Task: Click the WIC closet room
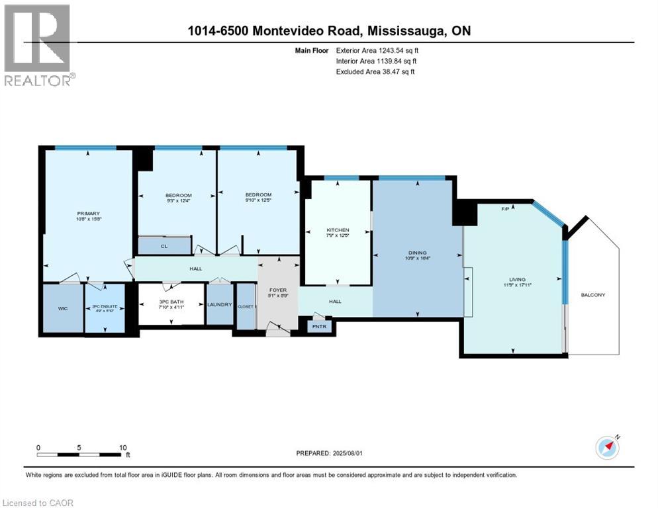63,308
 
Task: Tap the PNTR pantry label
319,326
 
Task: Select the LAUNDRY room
219,304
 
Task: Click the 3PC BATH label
171,302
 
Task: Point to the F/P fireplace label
505,209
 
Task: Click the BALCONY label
592,295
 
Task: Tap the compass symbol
607,446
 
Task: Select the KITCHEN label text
338,230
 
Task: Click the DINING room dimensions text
417,259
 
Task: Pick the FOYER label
277,290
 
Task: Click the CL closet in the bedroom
164,246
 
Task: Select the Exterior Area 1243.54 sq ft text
377,50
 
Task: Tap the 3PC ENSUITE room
104,308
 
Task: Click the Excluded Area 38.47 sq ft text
376,71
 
